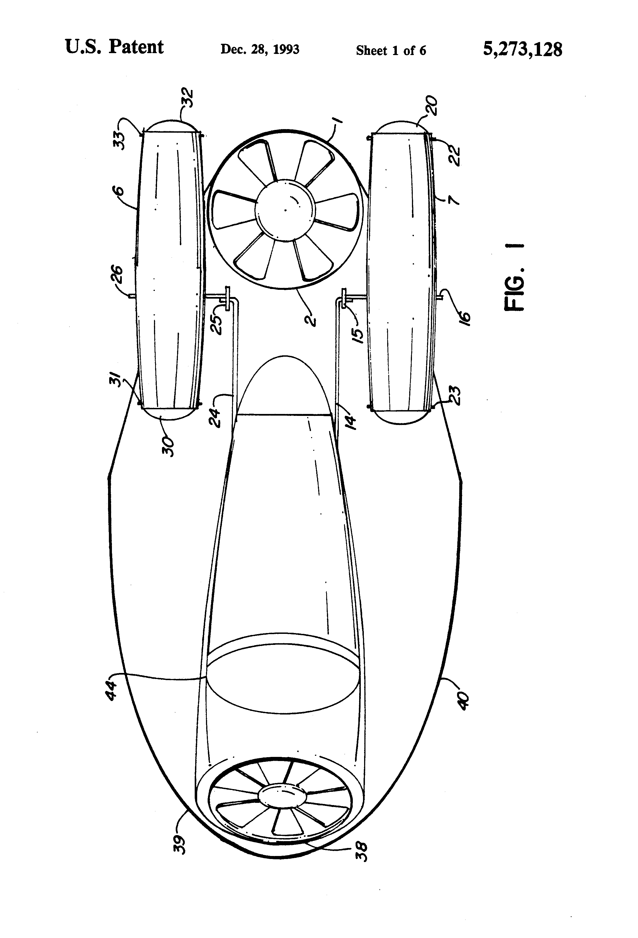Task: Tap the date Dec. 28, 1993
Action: (x=260, y=50)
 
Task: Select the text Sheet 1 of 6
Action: (x=391, y=50)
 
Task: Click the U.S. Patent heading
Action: (x=114, y=47)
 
